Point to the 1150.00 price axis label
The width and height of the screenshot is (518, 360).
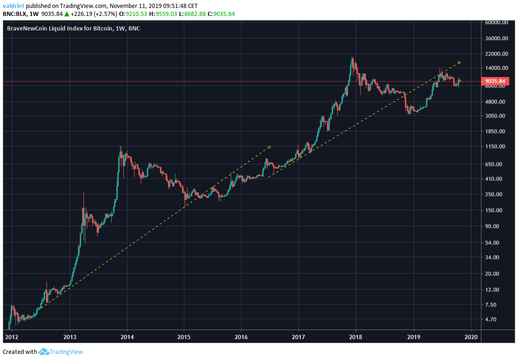[x=497, y=147]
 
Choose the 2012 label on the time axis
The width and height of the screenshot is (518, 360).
[x=13, y=337]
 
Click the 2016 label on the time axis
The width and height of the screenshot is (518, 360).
[x=241, y=337]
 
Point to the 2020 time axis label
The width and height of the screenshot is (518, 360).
[x=471, y=337]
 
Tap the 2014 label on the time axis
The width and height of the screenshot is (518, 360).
[x=127, y=337]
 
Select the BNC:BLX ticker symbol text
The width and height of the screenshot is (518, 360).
[x=14, y=14]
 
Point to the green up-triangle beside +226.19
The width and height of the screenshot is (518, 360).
[x=67, y=14]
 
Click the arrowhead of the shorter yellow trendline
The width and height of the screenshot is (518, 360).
[x=270, y=147]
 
